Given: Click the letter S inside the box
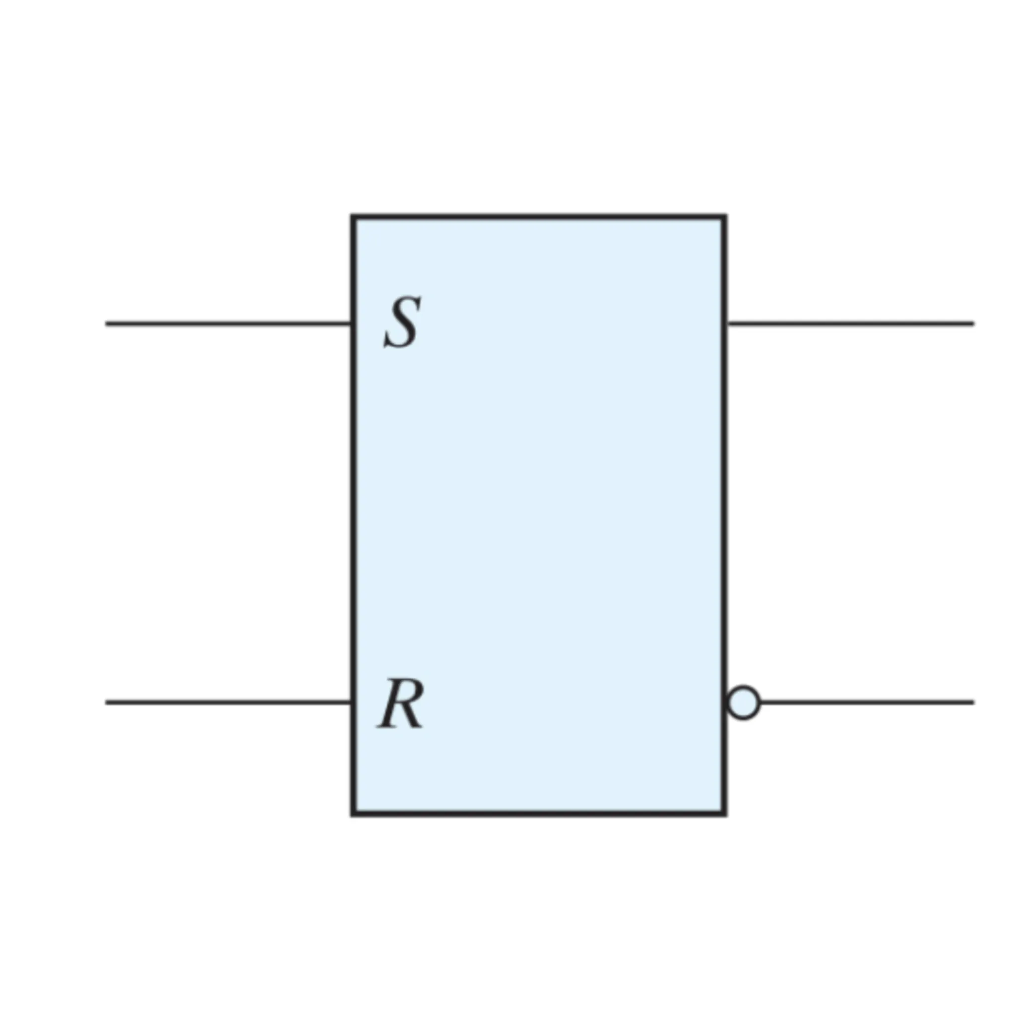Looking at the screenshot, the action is pos(402,322).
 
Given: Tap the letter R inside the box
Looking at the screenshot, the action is pos(400,703).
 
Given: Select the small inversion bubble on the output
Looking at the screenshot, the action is pos(744,702).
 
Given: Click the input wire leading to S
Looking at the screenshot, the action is pos(228,323).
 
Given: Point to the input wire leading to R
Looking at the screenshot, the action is pos(228,702).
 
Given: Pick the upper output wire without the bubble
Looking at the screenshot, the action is pos(851,323).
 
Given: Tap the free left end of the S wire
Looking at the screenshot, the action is pos(106,323).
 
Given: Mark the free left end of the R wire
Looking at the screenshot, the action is pos(106,702).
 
